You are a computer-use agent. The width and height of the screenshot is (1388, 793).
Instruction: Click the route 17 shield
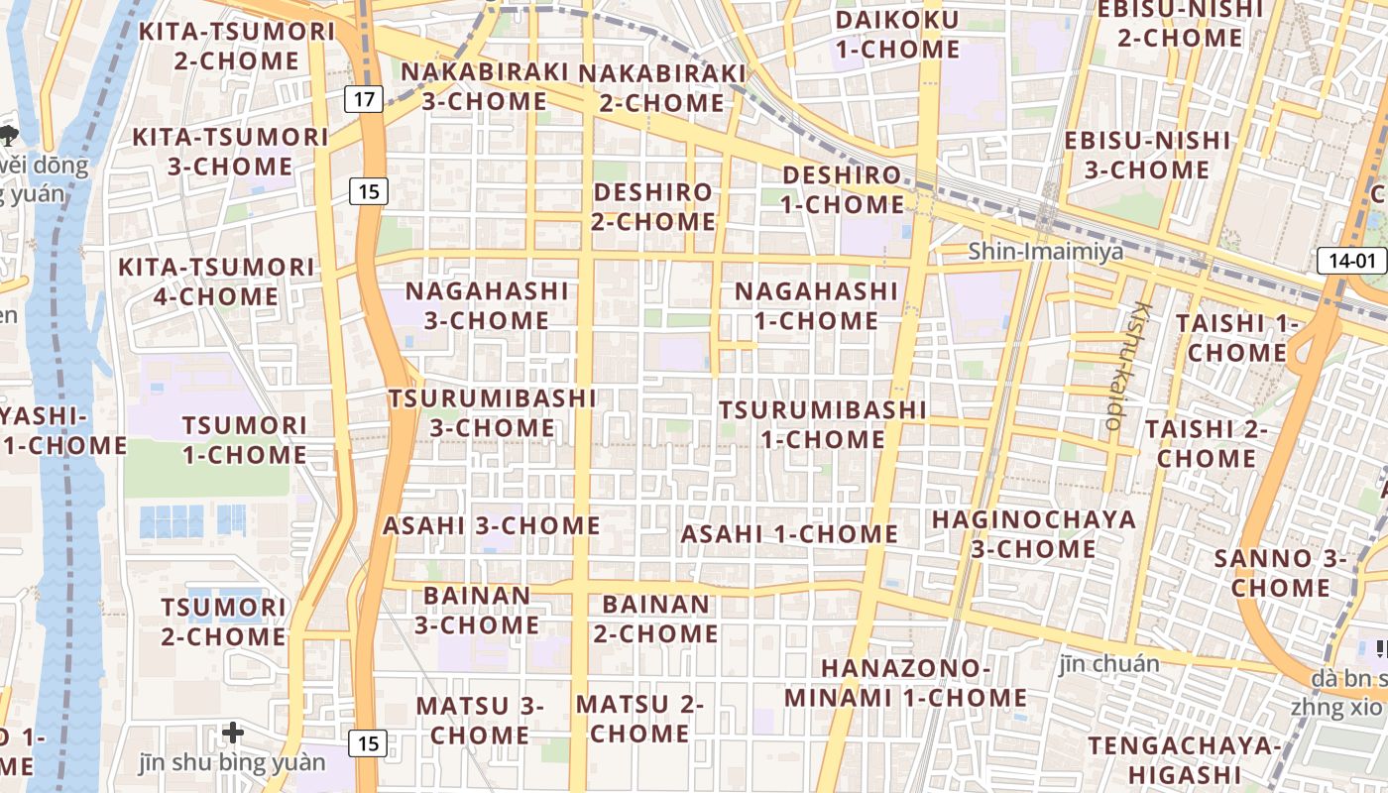[x=364, y=98]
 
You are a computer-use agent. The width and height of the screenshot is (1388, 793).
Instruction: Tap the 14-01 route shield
[x=1351, y=261]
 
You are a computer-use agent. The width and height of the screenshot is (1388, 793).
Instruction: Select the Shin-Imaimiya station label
[x=1046, y=251]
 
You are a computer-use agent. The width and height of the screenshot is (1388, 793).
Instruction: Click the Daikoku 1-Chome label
[x=897, y=35]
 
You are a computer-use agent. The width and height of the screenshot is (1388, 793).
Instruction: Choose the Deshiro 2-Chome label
[x=653, y=206]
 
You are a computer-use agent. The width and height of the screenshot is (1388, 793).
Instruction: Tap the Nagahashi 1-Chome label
[x=816, y=305]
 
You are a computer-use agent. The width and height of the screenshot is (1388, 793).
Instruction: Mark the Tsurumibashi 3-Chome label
[x=493, y=412]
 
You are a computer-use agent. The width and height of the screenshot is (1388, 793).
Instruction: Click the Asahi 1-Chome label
[x=789, y=533]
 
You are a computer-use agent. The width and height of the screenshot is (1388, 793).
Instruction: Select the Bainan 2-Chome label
[x=655, y=619]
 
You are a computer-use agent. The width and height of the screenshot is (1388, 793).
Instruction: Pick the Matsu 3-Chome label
[x=480, y=721]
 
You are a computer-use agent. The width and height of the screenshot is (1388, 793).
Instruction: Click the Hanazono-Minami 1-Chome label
[x=905, y=683]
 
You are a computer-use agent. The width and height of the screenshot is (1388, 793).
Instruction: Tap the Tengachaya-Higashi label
[x=1178, y=759]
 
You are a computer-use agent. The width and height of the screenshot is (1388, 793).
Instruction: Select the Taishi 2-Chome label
[x=1207, y=443]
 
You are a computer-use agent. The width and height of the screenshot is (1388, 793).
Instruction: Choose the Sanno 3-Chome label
[x=1280, y=573]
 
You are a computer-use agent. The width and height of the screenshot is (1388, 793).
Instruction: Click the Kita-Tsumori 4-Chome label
[x=215, y=282]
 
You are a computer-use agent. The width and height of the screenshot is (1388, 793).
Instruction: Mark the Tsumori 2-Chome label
[x=223, y=622]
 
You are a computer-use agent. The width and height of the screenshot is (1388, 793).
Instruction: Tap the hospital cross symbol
[x=233, y=733]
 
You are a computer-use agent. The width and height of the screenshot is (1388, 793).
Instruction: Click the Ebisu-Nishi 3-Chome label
[x=1147, y=155]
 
